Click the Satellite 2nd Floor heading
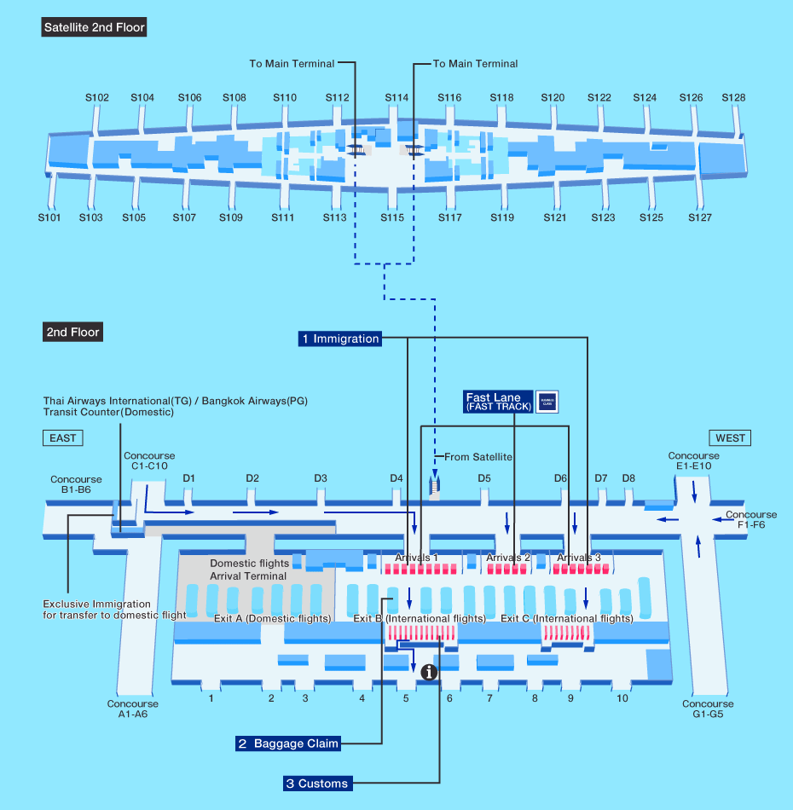point(95,27)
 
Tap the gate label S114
point(396,98)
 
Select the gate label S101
point(49,218)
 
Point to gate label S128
point(733,98)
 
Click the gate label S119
point(502,218)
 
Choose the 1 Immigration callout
point(339,338)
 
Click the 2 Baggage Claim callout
point(288,743)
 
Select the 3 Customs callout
point(317,784)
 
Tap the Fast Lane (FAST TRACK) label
point(499,402)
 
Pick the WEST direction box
point(730,438)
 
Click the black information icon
point(430,672)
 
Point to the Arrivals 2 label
point(508,558)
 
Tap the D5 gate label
point(484,478)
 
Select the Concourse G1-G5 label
point(708,709)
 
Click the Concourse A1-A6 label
point(133,709)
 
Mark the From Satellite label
point(478,457)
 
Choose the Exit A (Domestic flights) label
point(273,619)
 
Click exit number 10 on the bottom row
point(622,698)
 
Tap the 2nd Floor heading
point(73,333)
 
